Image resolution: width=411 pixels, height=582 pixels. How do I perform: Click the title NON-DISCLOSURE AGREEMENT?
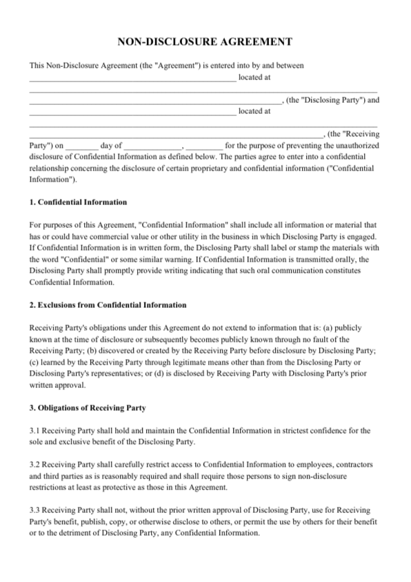205,42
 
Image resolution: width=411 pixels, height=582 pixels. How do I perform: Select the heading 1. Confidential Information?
78,202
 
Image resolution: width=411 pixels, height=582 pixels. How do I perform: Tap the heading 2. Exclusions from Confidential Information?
108,304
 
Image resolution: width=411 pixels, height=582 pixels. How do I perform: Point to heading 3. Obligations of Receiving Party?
88,407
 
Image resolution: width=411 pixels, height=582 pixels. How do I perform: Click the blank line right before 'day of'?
82,146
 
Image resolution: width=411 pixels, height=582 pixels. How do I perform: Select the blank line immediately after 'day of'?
152,146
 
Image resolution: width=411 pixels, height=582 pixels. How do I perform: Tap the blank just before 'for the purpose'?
204,146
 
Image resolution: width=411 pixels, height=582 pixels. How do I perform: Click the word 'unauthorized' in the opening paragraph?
352,146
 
